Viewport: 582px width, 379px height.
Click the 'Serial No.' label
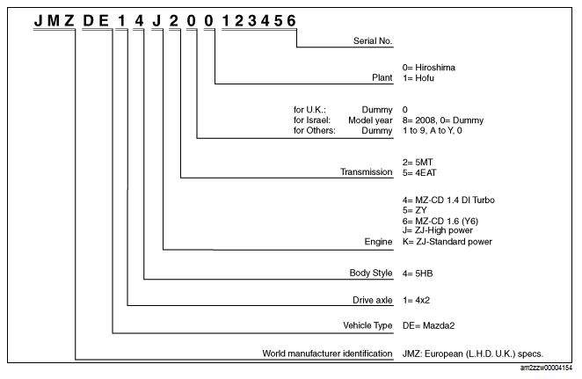[x=372, y=40]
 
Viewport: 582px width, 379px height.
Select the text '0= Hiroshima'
[x=429, y=68]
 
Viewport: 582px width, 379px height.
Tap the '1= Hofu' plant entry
[x=418, y=78]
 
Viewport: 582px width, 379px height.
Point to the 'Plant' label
[x=382, y=78]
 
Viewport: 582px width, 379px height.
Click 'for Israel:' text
[x=312, y=120]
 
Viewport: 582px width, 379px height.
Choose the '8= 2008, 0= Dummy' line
[x=443, y=120]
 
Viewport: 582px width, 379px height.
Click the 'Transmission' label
[x=367, y=171]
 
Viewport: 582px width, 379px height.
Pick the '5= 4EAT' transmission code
[x=419, y=172]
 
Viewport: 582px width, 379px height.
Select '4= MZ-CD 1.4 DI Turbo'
[x=448, y=200]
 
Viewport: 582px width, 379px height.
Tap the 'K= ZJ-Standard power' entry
[x=447, y=242]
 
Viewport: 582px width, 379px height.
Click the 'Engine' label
[x=378, y=242]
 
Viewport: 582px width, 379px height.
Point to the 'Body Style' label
[x=371, y=273]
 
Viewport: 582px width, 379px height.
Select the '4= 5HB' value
[x=418, y=273]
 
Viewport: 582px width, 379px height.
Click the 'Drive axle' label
[x=372, y=301]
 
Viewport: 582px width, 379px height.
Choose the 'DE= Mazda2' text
[x=428, y=325]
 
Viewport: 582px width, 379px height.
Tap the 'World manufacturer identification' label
[x=327, y=353]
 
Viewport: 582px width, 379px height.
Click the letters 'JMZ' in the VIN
[x=55, y=21]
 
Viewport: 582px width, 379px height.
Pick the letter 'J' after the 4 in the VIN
[x=156, y=21]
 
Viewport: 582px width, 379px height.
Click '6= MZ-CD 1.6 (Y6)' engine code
[x=440, y=222]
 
